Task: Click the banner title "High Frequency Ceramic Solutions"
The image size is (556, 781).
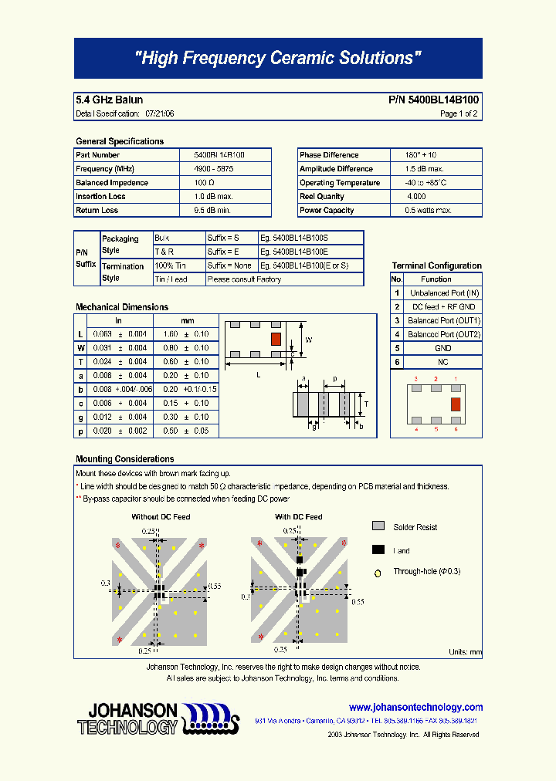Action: pos(278,59)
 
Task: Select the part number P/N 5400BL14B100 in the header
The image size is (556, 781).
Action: pos(432,100)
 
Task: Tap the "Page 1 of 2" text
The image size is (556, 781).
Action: pos(459,113)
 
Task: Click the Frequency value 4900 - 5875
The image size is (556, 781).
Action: pos(213,169)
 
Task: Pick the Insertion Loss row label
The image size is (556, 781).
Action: pos(101,197)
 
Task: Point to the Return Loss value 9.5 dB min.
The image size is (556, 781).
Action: pos(213,211)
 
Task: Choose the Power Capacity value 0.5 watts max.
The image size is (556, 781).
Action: pos(429,211)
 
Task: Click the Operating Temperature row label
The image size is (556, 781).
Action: pos(340,183)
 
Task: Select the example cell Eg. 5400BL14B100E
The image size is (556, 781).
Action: pos(294,252)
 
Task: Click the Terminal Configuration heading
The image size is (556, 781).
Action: pos(436,265)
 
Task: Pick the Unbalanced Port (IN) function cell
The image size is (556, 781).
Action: pos(444,293)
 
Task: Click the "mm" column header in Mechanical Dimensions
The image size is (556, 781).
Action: pos(188,320)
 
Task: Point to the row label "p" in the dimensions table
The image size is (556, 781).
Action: pos(80,431)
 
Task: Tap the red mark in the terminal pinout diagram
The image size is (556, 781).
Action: pos(455,404)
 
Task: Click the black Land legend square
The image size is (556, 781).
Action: pos(378,550)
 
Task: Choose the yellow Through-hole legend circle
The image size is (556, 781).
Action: pos(378,573)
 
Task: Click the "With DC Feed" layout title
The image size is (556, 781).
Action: pos(299,517)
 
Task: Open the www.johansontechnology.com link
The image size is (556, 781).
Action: pos(415,707)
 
